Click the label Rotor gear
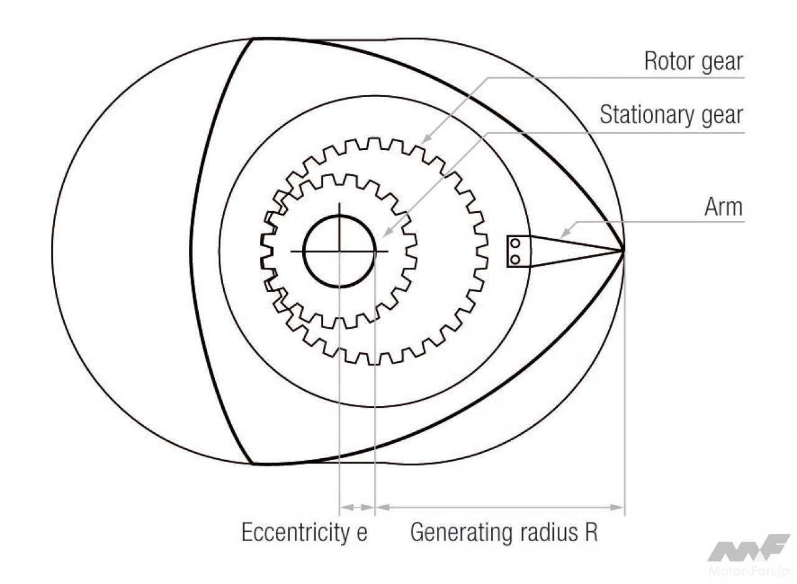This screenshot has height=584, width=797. click(x=694, y=62)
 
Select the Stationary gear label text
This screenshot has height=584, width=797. click(x=671, y=115)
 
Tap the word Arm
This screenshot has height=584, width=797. click(x=723, y=207)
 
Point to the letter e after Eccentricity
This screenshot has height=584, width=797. click(x=362, y=534)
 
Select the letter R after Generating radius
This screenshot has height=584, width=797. click(x=590, y=533)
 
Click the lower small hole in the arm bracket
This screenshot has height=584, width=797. click(x=515, y=258)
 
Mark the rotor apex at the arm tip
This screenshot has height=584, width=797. click(x=624, y=251)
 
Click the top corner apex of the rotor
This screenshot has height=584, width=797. click(x=253, y=39)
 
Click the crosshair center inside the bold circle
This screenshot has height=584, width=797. click(x=339, y=251)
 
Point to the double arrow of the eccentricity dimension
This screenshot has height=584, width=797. click(x=356, y=507)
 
